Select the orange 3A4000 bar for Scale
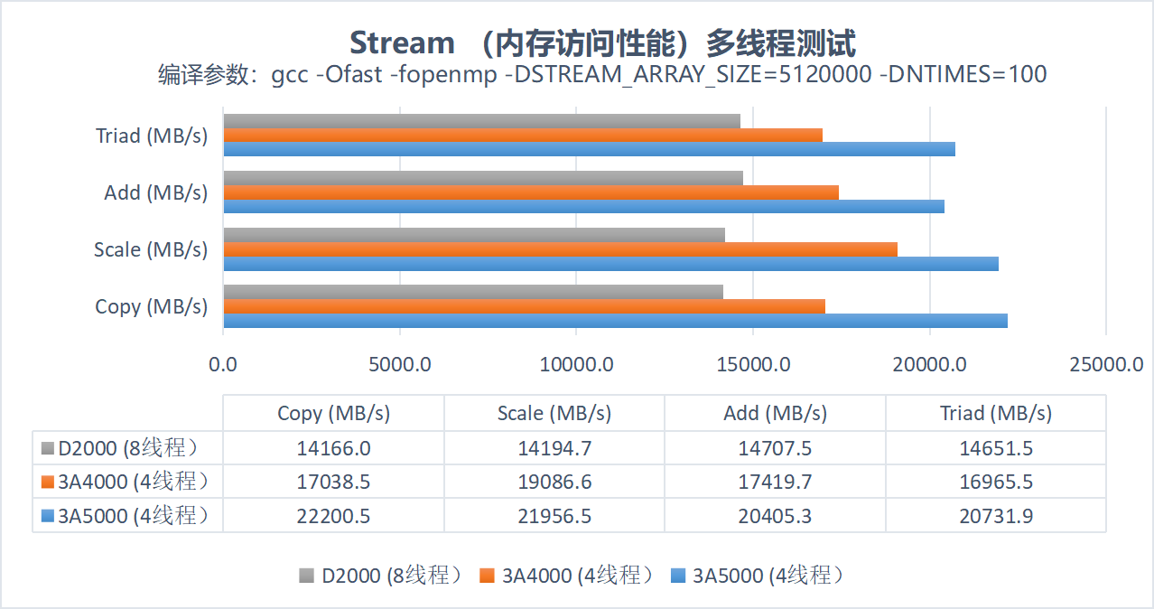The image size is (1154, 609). click(x=560, y=249)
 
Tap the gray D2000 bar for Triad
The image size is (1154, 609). click(x=481, y=121)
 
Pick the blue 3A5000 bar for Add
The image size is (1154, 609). click(x=583, y=206)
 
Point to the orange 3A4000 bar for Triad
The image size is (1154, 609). click(x=522, y=136)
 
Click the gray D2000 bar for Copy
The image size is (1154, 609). click(x=472, y=292)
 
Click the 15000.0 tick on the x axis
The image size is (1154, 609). click(x=754, y=364)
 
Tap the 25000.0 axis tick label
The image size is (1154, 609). click(x=1106, y=364)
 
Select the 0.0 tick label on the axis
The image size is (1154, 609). click(x=222, y=364)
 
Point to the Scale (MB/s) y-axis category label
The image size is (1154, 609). click(x=151, y=249)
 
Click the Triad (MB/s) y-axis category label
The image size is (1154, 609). click(x=152, y=136)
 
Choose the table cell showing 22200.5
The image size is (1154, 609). click(x=333, y=516)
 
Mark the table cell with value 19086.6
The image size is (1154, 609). click(x=554, y=482)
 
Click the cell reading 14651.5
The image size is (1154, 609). click(x=996, y=447)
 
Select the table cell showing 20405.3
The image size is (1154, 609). click(x=775, y=516)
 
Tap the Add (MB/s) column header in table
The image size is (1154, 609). click(x=775, y=413)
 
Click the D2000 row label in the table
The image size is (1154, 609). click(x=126, y=447)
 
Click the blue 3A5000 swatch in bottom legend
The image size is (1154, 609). click(x=679, y=576)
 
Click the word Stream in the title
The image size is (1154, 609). click(x=402, y=42)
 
